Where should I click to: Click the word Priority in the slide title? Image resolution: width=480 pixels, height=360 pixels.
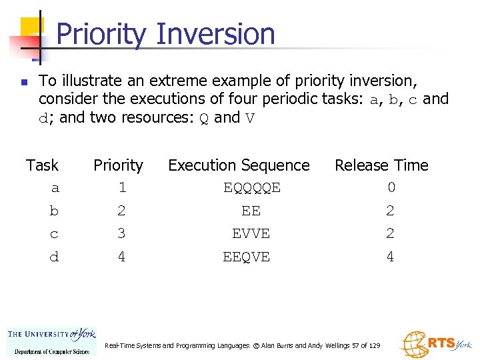tap(100, 34)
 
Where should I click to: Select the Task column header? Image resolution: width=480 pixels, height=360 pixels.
tap(42, 165)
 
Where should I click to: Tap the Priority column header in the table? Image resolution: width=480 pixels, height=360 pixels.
tap(118, 165)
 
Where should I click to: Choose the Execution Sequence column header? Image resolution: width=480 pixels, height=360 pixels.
tap(239, 165)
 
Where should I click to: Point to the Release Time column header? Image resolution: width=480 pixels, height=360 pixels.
tap(381, 165)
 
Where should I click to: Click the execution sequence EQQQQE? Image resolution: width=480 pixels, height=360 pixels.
tap(251, 189)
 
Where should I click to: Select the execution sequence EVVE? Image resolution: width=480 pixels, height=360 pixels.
tap(251, 234)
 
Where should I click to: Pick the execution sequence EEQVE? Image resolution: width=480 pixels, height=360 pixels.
tap(246, 257)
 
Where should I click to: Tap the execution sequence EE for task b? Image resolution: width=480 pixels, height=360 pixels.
tap(251, 211)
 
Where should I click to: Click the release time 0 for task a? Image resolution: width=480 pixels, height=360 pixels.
tap(391, 188)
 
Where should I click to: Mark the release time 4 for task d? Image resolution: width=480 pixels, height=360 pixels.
tap(390, 257)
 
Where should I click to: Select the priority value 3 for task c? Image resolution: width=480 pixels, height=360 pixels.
tap(121, 234)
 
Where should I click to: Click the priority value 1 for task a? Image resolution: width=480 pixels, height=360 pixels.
tap(122, 189)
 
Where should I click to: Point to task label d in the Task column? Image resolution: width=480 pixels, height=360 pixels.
tap(54, 257)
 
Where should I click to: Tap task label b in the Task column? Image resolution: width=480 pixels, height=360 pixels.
tap(54, 211)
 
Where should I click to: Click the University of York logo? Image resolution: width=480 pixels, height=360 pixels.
tap(52, 341)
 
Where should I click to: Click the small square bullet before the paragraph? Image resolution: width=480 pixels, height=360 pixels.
tap(23, 83)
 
